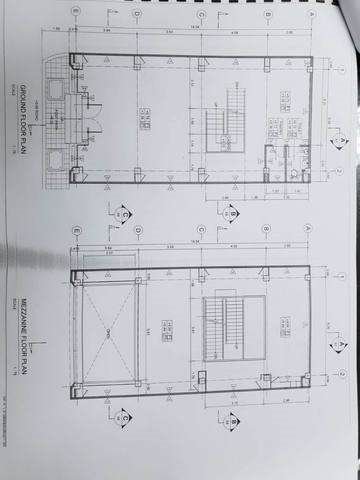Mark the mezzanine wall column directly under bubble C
tap(200, 268)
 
